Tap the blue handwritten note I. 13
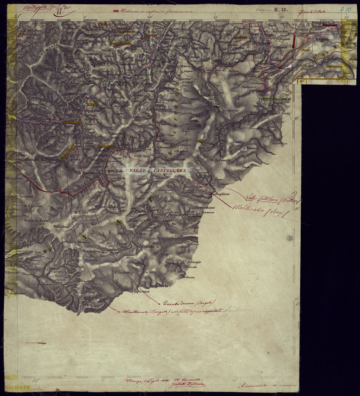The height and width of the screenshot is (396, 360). click(344, 9)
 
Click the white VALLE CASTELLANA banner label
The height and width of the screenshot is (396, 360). click(158, 171)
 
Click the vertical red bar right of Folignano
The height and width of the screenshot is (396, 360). click(295, 40)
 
